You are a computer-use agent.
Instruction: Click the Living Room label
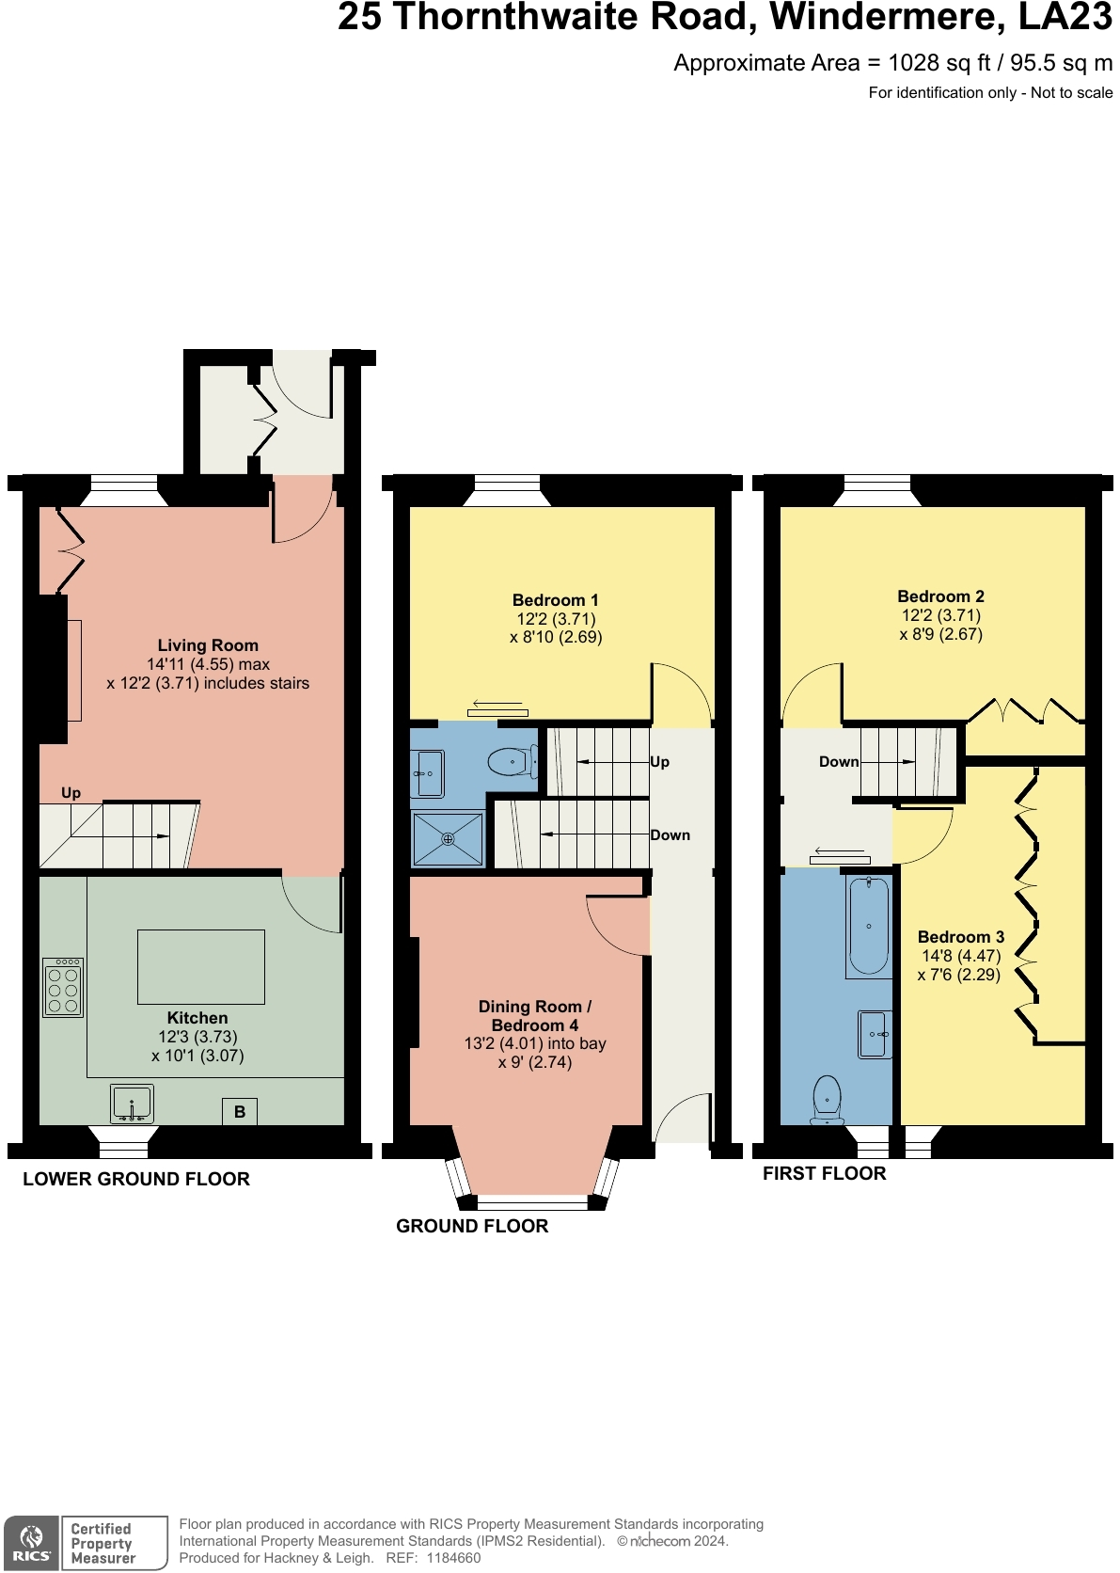click(208, 645)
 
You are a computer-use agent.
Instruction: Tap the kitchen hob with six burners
click(63, 988)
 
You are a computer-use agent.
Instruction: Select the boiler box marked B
click(240, 1111)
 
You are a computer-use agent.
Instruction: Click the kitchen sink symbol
click(132, 1103)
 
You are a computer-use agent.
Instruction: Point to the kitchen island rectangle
click(200, 966)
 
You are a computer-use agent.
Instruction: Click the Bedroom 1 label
click(555, 600)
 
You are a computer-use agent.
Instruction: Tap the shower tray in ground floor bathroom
click(448, 838)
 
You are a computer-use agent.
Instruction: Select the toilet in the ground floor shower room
click(511, 761)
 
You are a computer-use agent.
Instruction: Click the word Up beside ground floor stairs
click(660, 762)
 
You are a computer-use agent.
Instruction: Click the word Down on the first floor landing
click(838, 762)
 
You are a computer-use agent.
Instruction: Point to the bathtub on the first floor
click(868, 926)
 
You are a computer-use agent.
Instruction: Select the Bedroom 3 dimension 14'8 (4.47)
click(960, 956)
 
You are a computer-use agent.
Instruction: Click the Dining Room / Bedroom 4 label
click(534, 1016)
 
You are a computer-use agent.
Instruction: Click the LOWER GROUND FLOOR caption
click(136, 1179)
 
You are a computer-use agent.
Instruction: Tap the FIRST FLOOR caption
click(824, 1173)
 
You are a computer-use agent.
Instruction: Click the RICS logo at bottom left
click(31, 1544)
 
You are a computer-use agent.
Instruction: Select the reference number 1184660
click(453, 1558)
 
